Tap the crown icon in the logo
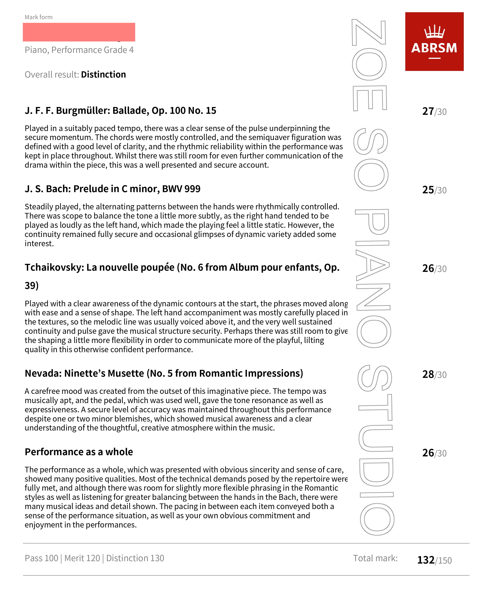(x=434, y=32)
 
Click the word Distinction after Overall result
(x=103, y=75)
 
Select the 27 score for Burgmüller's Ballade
(x=428, y=111)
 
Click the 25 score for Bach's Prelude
(x=428, y=190)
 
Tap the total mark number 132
(x=426, y=560)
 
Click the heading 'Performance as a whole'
(x=79, y=452)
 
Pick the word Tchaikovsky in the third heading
(x=54, y=267)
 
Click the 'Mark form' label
(x=39, y=17)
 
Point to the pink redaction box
(x=79, y=32)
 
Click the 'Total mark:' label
(x=375, y=558)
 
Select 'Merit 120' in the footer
(x=82, y=558)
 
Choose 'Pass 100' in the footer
(x=41, y=558)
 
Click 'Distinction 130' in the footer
(x=135, y=558)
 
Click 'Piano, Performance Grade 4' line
(x=79, y=50)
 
